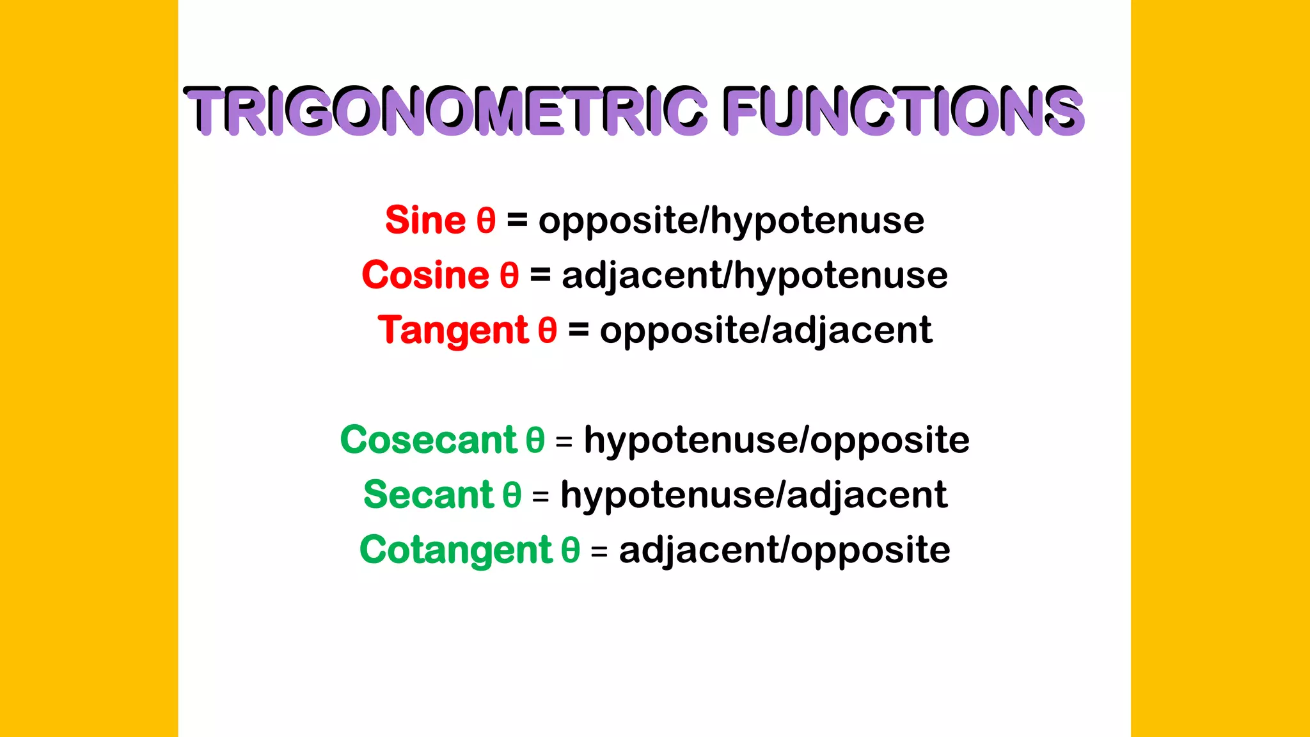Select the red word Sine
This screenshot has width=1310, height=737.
click(425, 221)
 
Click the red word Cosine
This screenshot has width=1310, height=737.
click(425, 276)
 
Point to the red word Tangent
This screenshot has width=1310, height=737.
click(453, 331)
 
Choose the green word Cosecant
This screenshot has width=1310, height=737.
click(428, 441)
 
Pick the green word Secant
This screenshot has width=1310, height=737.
click(428, 496)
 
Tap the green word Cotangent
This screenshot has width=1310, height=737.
click(455, 551)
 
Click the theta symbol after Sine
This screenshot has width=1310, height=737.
click(486, 221)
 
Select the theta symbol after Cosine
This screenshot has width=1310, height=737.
click(509, 276)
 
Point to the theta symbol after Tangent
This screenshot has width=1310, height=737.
click(548, 331)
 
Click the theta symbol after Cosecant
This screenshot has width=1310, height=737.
click(535, 441)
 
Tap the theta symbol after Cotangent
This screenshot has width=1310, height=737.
click(571, 551)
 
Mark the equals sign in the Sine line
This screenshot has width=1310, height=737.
click(517, 221)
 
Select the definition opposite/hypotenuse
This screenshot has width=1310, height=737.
click(731, 221)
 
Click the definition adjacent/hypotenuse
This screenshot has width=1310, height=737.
click(755, 276)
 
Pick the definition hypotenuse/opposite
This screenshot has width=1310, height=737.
click(777, 441)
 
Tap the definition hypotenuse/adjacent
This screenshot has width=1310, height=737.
click(754, 496)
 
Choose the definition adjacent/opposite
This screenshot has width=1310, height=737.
click(784, 551)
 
